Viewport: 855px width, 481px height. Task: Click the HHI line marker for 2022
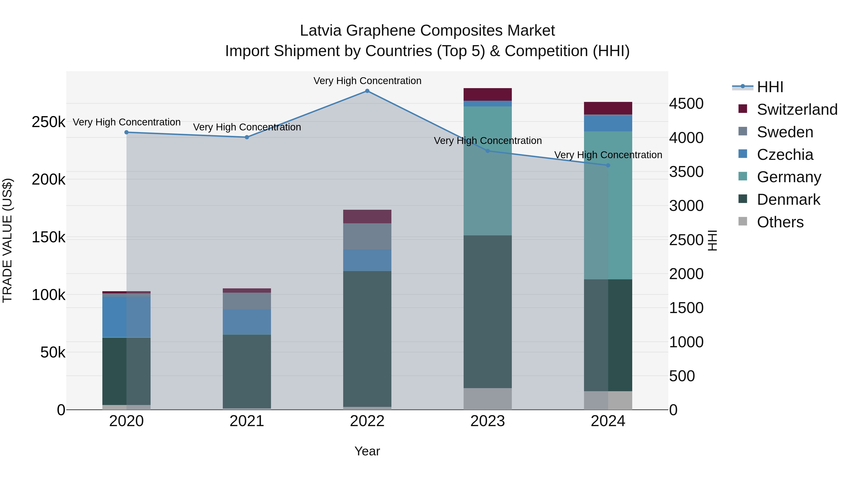click(367, 91)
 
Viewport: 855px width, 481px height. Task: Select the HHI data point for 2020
click(126, 133)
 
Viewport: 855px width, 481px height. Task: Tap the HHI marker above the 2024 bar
click(608, 165)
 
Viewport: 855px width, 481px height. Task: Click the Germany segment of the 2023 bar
click(488, 171)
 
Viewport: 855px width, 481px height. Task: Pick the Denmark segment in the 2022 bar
click(367, 338)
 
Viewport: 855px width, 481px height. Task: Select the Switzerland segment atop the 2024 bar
click(608, 108)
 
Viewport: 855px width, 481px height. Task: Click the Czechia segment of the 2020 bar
click(126, 317)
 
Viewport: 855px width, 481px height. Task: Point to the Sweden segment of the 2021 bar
click(247, 301)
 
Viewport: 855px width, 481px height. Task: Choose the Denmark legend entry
click(788, 200)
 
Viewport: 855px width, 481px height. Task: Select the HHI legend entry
click(770, 87)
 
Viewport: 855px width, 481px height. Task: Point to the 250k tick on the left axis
click(48, 122)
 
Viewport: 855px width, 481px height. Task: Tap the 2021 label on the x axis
click(247, 421)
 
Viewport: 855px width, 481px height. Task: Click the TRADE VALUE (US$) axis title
click(7, 240)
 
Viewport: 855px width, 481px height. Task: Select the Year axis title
click(367, 451)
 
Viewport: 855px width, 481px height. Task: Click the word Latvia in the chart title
click(320, 31)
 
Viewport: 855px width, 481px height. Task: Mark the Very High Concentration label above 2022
click(367, 81)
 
